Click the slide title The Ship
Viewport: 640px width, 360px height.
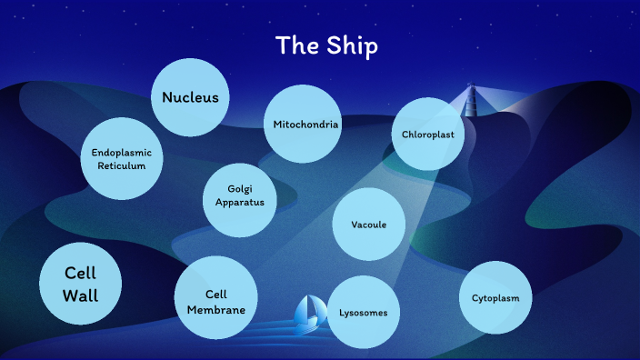(x=326, y=46)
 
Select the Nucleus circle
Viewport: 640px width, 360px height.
(x=190, y=96)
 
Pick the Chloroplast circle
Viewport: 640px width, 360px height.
(x=427, y=135)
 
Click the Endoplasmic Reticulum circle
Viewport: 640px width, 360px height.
(x=121, y=158)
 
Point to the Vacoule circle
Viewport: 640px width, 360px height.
(x=368, y=224)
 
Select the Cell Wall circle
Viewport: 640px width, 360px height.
(x=80, y=284)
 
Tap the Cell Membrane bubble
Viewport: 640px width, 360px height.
(x=215, y=297)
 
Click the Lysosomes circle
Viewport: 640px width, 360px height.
(x=364, y=313)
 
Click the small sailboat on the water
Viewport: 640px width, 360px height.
(x=309, y=311)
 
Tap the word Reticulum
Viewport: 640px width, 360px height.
(x=121, y=165)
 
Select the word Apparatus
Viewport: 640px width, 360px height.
(x=240, y=203)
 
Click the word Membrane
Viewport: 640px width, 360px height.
(x=215, y=310)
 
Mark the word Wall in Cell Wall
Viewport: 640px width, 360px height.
(x=80, y=295)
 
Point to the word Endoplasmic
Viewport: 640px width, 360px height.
(x=121, y=152)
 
